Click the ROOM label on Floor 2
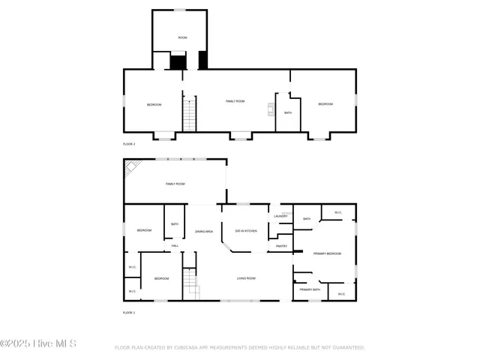[182, 37]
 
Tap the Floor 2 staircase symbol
[189, 114]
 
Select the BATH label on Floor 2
[288, 112]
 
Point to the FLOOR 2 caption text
[129, 143]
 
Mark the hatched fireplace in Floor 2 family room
[271, 109]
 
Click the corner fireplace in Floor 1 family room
[131, 167]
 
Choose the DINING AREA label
[205, 232]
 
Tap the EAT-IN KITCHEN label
[246, 230]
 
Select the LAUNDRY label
[280, 217]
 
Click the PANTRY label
[281, 246]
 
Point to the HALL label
[175, 246]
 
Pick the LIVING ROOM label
[246, 278]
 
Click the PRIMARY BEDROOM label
[327, 254]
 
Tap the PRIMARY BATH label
[310, 289]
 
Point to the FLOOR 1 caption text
[129, 312]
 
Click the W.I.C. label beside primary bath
[341, 294]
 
